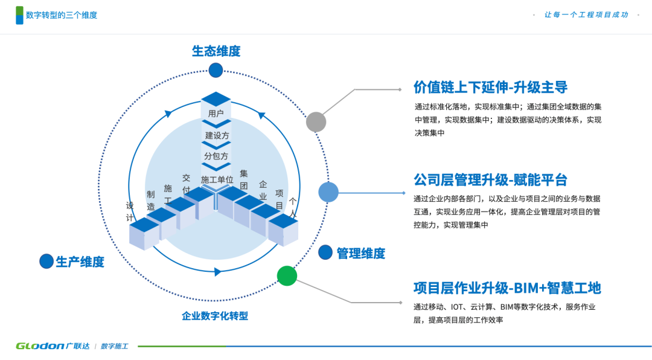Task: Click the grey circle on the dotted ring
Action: pyautogui.click(x=316, y=122)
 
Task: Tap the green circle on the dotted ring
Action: pyautogui.click(x=287, y=275)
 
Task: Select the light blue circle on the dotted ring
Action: pyautogui.click(x=328, y=192)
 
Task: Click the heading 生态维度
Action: pyautogui.click(x=216, y=51)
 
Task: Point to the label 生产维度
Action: pyautogui.click(x=80, y=262)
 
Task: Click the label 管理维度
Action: pyautogui.click(x=360, y=254)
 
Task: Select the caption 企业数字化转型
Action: pyautogui.click(x=215, y=316)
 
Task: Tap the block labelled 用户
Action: pyautogui.click(x=216, y=112)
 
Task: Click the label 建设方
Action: pyautogui.click(x=217, y=135)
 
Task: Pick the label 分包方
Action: pyautogui.click(x=216, y=156)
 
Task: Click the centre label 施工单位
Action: pyautogui.click(x=217, y=179)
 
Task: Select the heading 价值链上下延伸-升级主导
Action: pyautogui.click(x=490, y=88)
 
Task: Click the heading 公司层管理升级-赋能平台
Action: pyautogui.click(x=490, y=180)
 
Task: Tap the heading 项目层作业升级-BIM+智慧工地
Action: pyautogui.click(x=507, y=288)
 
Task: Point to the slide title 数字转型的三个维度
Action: pyautogui.click(x=62, y=15)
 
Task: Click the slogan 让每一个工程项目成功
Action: pyautogui.click(x=586, y=14)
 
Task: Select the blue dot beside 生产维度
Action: pyautogui.click(x=46, y=261)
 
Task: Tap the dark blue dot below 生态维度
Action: pyautogui.click(x=216, y=70)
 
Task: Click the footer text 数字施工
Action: pyautogui.click(x=114, y=346)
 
